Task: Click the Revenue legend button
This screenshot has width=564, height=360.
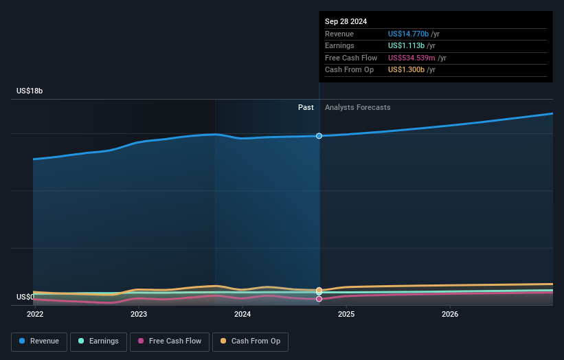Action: pyautogui.click(x=40, y=341)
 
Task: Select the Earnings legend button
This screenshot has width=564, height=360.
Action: pyautogui.click(x=98, y=341)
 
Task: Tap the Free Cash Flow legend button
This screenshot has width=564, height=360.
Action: pyautogui.click(x=170, y=341)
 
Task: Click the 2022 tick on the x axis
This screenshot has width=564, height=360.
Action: pyautogui.click(x=35, y=314)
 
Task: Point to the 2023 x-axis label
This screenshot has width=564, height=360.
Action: pyautogui.click(x=139, y=314)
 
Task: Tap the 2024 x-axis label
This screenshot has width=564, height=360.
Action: pyautogui.click(x=242, y=314)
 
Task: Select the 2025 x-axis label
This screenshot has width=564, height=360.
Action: pyautogui.click(x=346, y=314)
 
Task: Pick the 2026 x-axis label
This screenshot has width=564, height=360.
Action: pyautogui.click(x=450, y=314)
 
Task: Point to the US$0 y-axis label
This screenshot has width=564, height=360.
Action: pyautogui.click(x=25, y=297)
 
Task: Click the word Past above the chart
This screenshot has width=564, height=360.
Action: pyautogui.click(x=306, y=107)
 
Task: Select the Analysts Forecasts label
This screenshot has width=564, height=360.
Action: pyautogui.click(x=357, y=107)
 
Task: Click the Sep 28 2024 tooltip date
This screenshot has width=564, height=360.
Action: pyautogui.click(x=346, y=21)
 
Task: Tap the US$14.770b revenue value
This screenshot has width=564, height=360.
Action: pyautogui.click(x=408, y=34)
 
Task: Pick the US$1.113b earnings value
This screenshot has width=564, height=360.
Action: pyautogui.click(x=405, y=46)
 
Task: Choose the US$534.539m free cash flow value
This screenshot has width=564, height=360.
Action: pyautogui.click(x=411, y=58)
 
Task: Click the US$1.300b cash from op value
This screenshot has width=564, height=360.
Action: pyautogui.click(x=405, y=70)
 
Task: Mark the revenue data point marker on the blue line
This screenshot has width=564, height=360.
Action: pyautogui.click(x=319, y=136)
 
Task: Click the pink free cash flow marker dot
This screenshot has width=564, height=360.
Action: pyautogui.click(x=319, y=299)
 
